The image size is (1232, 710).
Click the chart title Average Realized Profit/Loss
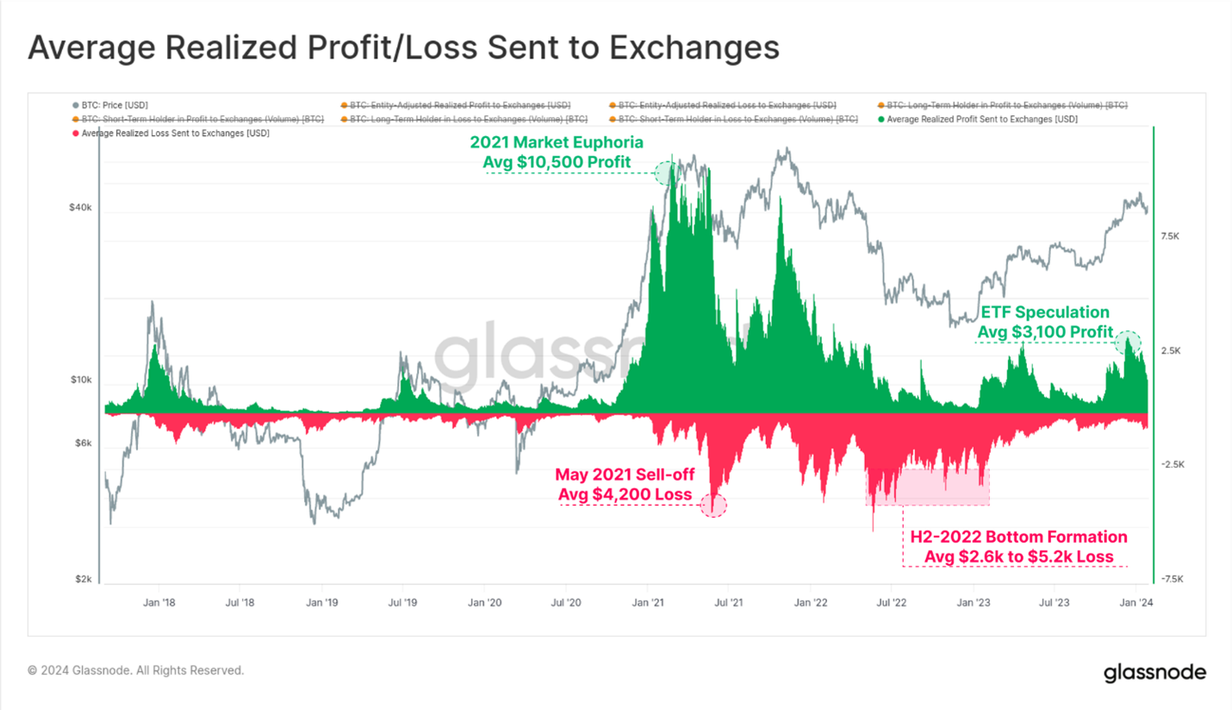[403, 48]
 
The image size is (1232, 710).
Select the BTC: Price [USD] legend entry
[109, 104]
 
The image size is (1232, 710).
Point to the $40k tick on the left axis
[79, 209]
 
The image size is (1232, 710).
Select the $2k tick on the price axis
[82, 579]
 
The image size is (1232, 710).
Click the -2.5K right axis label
[1173, 464]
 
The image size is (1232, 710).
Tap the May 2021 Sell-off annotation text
[624, 484]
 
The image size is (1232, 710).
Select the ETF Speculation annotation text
[1045, 322]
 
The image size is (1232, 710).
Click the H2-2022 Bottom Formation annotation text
[1018, 547]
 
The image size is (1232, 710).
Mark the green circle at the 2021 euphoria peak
[665, 173]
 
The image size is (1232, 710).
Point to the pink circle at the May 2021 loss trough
[713, 505]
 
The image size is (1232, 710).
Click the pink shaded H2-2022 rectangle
[928, 487]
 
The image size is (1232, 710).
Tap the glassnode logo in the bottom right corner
[1154, 673]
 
